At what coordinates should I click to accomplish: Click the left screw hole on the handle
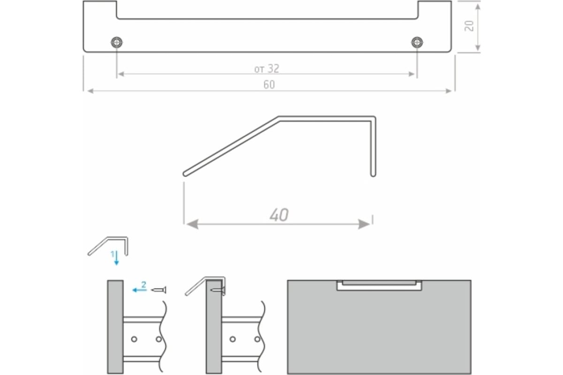coord(117,42)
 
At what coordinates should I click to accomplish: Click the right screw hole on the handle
coord(417,42)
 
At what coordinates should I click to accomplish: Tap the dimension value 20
coord(469,26)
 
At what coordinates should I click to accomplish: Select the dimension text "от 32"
coord(266,68)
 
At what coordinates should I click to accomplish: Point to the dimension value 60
coord(269,85)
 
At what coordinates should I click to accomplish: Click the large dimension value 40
coord(279,215)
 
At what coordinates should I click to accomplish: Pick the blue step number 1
coord(113,254)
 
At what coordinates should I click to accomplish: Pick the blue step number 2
coord(144,285)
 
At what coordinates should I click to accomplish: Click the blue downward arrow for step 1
coord(116,258)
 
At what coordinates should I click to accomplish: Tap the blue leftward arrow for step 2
coord(139,290)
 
